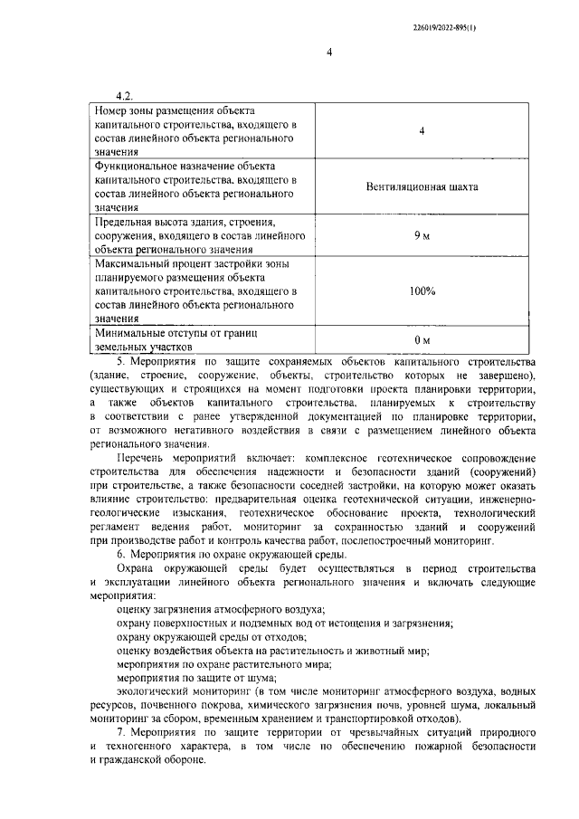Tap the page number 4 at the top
[330, 52]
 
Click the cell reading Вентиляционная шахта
[422, 187]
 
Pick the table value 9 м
[422, 235]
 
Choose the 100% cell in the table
[422, 291]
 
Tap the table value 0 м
[422, 339]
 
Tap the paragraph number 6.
[121, 552]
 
